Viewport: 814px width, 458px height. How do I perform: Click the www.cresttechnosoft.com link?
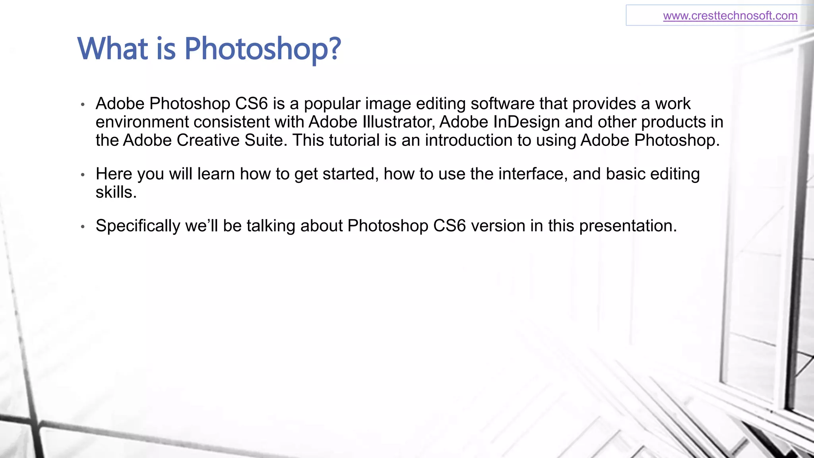[730, 16]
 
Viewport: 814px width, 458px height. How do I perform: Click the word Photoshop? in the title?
[262, 49]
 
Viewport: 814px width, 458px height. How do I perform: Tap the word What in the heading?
[113, 49]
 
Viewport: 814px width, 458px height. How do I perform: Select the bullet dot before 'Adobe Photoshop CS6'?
[83, 105]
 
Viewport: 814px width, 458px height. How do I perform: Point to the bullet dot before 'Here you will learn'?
[83, 175]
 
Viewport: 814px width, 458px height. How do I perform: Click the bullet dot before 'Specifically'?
[83, 227]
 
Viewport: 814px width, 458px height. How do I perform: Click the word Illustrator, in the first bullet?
[397, 122]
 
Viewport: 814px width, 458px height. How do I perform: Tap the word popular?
[332, 104]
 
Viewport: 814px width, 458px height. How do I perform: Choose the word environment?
[142, 122]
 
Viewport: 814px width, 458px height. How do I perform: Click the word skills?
[116, 192]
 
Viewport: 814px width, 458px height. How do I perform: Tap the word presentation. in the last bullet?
[628, 226]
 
